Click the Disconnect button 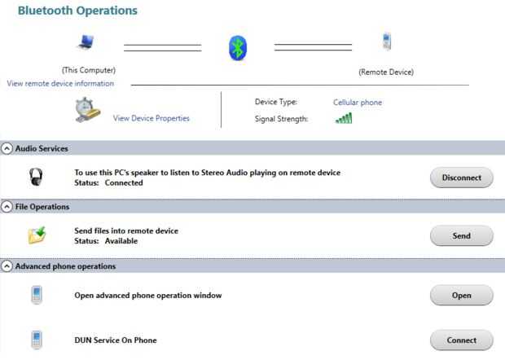pyautogui.click(x=462, y=178)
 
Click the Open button pyautogui.click(x=462, y=295)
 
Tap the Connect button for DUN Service pyautogui.click(x=462, y=340)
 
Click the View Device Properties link pyautogui.click(x=151, y=118)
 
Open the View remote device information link pyautogui.click(x=60, y=83)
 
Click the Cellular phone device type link pyautogui.click(x=358, y=103)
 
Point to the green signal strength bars pyautogui.click(x=344, y=118)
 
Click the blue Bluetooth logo pyautogui.click(x=238, y=48)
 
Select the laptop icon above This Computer pyautogui.click(x=86, y=42)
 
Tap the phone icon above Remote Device pyautogui.click(x=387, y=42)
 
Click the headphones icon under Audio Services pyautogui.click(x=36, y=177)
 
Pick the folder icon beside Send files pyautogui.click(x=37, y=235)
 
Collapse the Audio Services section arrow pyautogui.click(x=7, y=148)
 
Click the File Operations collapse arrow pyautogui.click(x=7, y=207)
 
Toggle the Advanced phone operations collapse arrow pyautogui.click(x=7, y=266)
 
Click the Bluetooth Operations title pyautogui.click(x=77, y=11)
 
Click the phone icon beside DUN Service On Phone pyautogui.click(x=37, y=340)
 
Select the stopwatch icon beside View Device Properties pyautogui.click(x=87, y=110)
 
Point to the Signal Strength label pyautogui.click(x=281, y=119)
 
